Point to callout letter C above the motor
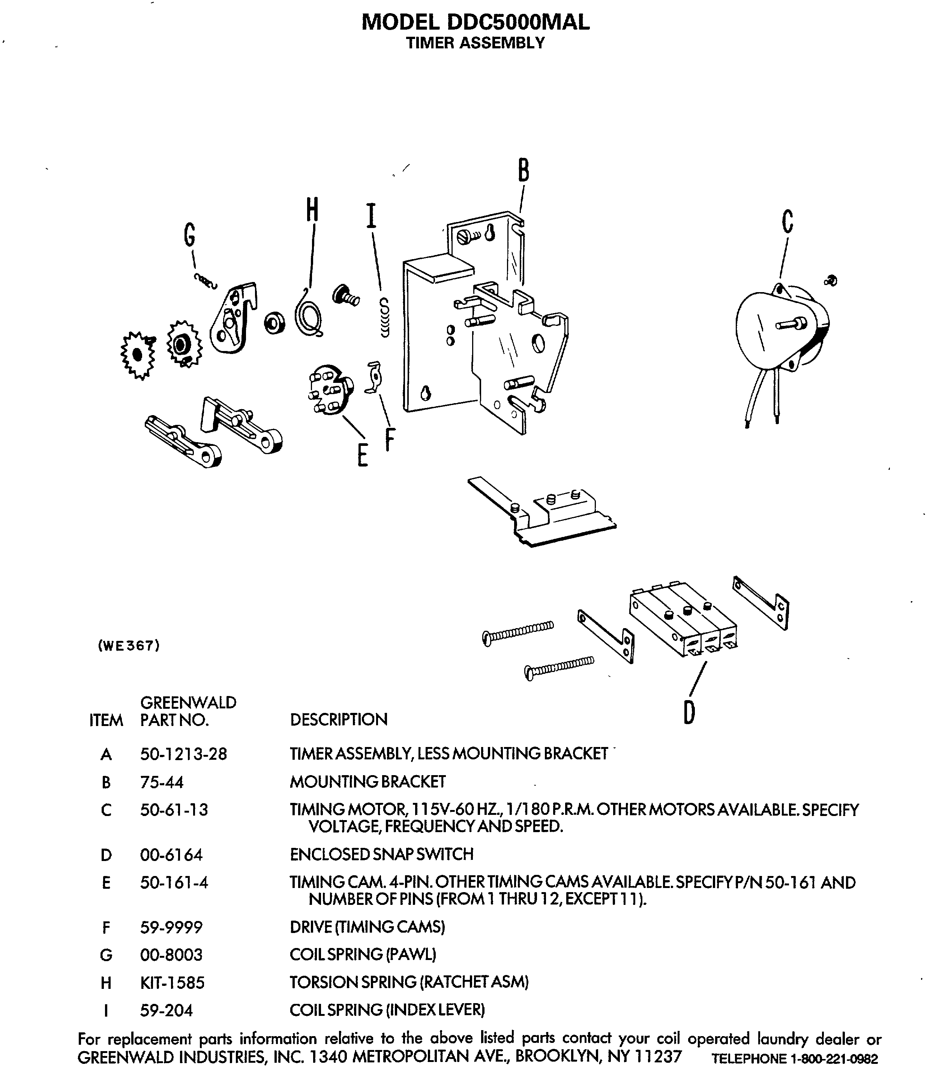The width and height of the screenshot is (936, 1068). pos(787,221)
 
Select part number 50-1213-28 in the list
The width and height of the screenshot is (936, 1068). pos(183,754)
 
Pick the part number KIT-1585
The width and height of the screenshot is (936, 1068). pos(172,982)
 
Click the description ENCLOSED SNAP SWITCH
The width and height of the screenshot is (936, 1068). pos(381,854)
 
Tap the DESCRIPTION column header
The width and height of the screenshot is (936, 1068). pos(339,719)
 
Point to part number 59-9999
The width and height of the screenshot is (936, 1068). pos(171,927)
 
